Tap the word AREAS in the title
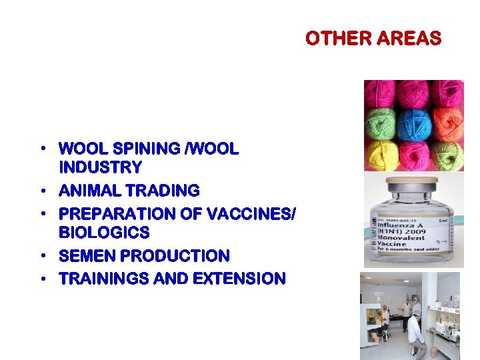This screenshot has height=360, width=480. point(409,39)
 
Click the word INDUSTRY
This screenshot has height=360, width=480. point(101,167)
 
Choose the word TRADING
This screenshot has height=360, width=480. point(163,191)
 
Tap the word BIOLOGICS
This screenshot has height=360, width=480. point(104,233)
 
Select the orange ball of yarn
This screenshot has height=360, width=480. point(448,123)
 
